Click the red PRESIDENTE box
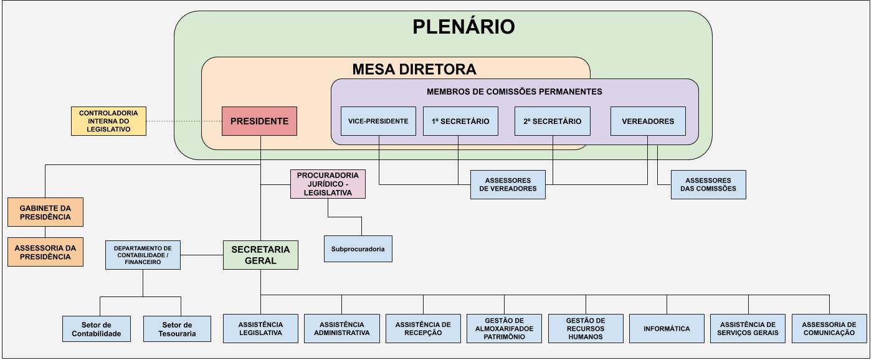click(x=259, y=121)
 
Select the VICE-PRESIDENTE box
click(x=379, y=121)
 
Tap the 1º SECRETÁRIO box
click(x=460, y=121)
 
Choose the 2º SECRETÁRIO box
click(x=553, y=121)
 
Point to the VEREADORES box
click(x=648, y=121)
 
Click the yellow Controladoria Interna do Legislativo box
click(x=108, y=121)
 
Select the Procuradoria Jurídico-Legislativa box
click(x=328, y=184)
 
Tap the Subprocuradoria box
click(x=358, y=249)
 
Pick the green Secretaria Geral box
click(x=260, y=255)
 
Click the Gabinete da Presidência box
click(x=45, y=212)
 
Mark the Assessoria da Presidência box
click(x=45, y=252)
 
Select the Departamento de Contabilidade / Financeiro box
click(x=143, y=255)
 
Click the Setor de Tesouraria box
click(x=181, y=329)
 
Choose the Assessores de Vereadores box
click(x=508, y=184)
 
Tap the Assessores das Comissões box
click(x=708, y=184)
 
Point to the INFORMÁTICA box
click(x=667, y=328)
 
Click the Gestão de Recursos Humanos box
click(x=586, y=328)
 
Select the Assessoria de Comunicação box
click(x=829, y=328)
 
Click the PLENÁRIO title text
click(x=464, y=27)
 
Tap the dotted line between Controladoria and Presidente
click(x=184, y=121)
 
